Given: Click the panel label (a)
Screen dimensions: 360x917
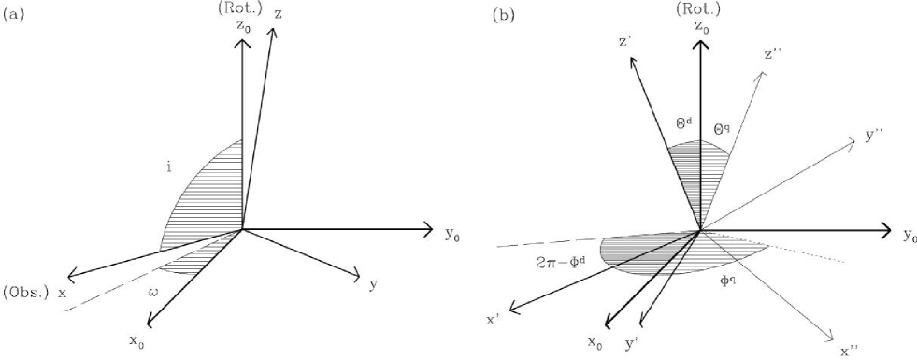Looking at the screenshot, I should tap(15, 16).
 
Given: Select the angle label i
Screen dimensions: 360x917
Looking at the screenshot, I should tap(168, 169).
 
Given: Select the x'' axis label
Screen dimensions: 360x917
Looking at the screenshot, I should tap(848, 352).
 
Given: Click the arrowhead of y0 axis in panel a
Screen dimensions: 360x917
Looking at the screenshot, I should tap(428, 228).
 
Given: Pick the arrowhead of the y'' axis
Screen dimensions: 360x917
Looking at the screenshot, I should tap(852, 141).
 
